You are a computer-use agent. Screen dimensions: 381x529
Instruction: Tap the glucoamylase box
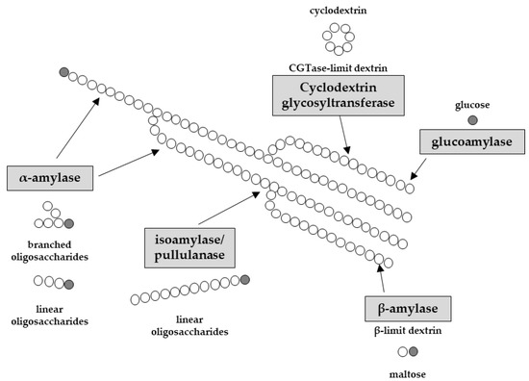472,142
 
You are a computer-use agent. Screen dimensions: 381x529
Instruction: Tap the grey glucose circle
471,120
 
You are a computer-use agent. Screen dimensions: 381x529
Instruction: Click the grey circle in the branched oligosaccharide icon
68,223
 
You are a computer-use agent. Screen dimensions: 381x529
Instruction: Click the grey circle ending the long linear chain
245,280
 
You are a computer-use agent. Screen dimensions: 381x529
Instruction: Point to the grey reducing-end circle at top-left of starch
64,71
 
